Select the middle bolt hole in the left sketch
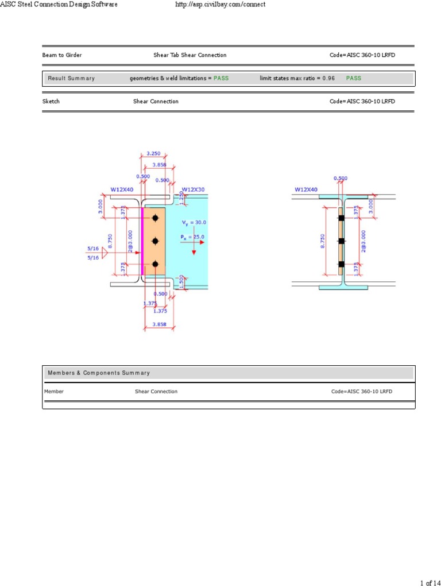pyautogui.click(x=155, y=241)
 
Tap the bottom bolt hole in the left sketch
pyautogui.click(x=155, y=264)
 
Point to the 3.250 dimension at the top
pyautogui.click(x=154, y=154)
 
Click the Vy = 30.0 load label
pyautogui.click(x=194, y=222)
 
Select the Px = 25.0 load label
pyautogui.click(x=192, y=237)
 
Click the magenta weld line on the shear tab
pyautogui.click(x=142, y=241)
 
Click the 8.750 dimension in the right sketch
pyautogui.click(x=323, y=241)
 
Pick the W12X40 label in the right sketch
pyautogui.click(x=306, y=189)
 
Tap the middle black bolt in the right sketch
pyautogui.click(x=341, y=241)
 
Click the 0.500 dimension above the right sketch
pyautogui.click(x=341, y=178)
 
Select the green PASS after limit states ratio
pyautogui.click(x=354, y=78)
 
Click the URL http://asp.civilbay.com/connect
pyautogui.click(x=219, y=5)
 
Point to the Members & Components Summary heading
pyautogui.click(x=99, y=373)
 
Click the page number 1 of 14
pyautogui.click(x=430, y=583)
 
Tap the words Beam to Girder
pyautogui.click(x=62, y=55)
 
